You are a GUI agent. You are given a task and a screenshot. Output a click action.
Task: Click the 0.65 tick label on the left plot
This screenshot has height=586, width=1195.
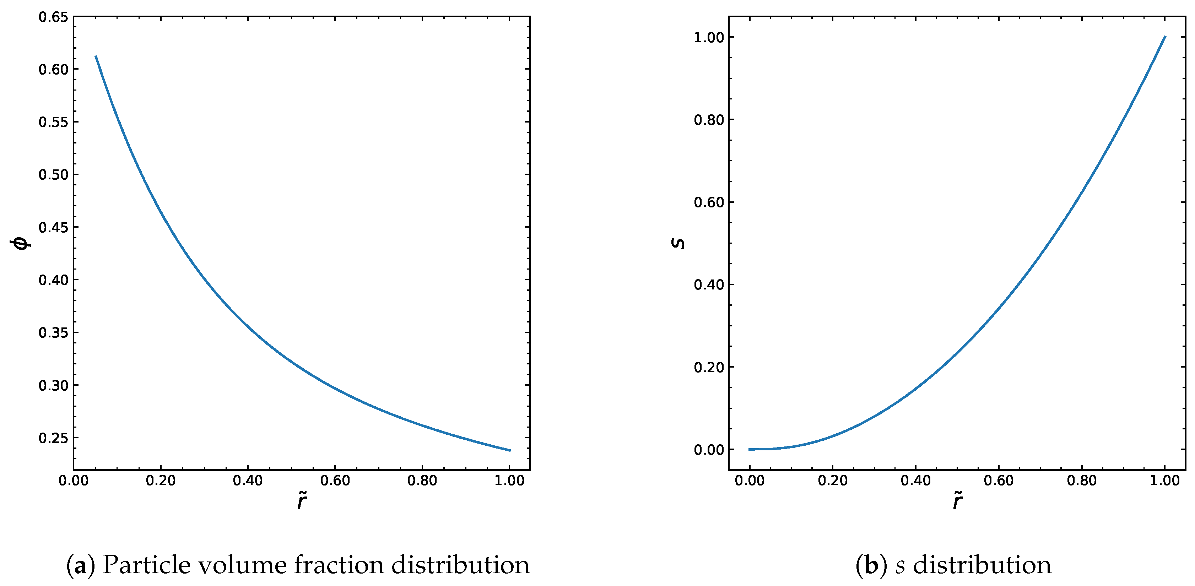(x=53, y=17)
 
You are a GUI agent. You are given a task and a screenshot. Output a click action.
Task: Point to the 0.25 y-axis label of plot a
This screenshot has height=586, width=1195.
(x=53, y=438)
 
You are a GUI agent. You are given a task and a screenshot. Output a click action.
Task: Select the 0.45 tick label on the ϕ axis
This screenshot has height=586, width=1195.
(x=53, y=227)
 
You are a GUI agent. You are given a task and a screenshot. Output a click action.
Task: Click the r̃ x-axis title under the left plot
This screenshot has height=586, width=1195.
(x=302, y=501)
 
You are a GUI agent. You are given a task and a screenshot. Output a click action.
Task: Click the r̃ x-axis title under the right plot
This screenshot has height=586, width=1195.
(x=957, y=501)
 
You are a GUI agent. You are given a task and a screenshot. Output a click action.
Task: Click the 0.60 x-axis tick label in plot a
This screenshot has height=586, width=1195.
(x=335, y=481)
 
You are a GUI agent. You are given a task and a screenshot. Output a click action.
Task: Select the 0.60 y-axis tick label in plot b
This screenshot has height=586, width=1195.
(x=709, y=202)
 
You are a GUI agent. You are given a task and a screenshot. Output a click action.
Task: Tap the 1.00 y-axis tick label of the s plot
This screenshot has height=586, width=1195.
(x=709, y=38)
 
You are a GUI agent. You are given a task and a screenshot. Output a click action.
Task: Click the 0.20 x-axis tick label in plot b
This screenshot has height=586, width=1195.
(x=833, y=481)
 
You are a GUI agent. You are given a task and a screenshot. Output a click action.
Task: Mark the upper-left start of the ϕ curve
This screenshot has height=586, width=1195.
(x=96, y=56)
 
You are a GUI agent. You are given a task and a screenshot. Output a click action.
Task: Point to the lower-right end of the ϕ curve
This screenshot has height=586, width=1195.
(x=510, y=450)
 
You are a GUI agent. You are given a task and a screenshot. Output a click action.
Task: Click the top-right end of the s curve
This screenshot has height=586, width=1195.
(x=1165, y=37)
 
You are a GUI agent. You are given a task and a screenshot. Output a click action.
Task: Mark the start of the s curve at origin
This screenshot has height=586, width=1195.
(x=750, y=449)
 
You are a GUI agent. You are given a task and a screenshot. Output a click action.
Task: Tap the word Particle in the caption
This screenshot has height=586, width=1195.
(x=147, y=565)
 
